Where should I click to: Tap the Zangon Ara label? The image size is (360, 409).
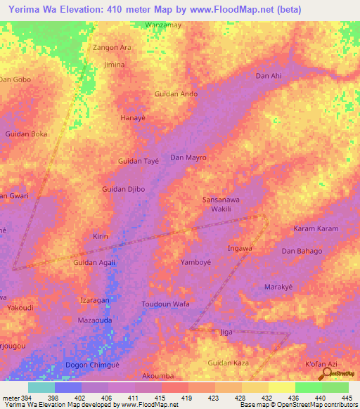tap(112, 48)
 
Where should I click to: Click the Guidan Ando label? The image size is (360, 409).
tap(176, 93)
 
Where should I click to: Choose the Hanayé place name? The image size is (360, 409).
tap(133, 118)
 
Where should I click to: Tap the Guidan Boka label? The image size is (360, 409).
tap(26, 134)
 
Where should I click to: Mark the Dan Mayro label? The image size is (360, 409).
tap(188, 158)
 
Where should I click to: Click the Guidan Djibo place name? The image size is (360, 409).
tap(123, 190)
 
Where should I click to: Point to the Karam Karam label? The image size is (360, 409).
tap(316, 229)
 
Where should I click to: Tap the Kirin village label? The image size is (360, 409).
tap(101, 237)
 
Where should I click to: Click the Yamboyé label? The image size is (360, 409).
tap(195, 262)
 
